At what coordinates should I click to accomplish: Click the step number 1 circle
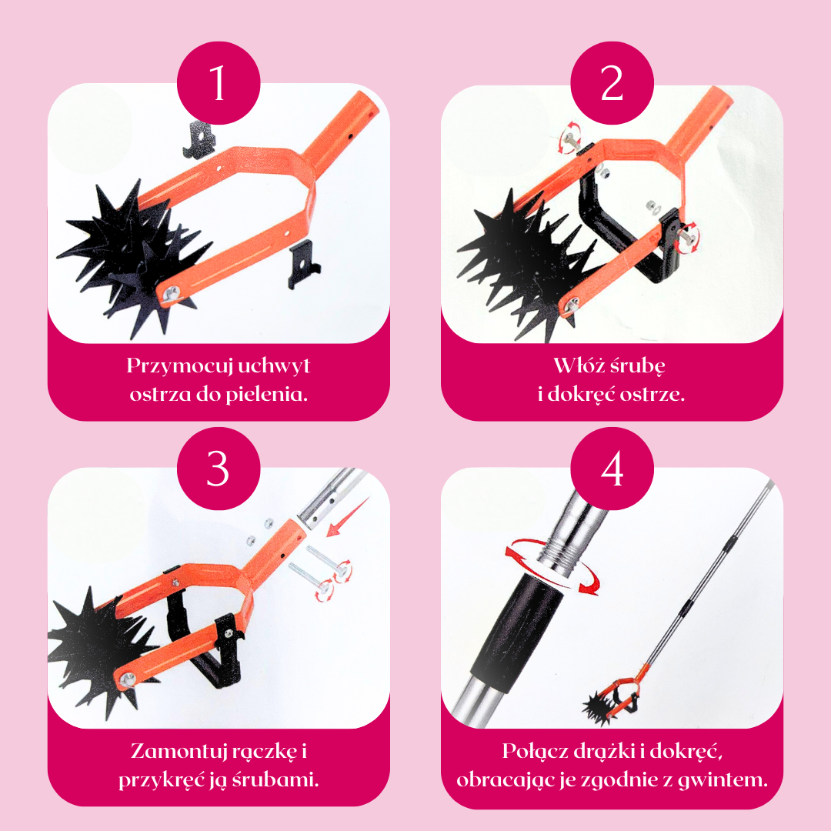[219, 83]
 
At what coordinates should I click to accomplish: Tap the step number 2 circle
[612, 83]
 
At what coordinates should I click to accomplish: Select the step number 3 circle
[219, 469]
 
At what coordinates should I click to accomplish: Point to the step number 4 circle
[612, 469]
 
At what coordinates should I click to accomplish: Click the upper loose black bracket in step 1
[200, 139]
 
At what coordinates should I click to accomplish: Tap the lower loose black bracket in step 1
[304, 264]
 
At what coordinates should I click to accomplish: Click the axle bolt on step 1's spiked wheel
[172, 292]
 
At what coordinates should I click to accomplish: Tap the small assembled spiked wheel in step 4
[600, 706]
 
